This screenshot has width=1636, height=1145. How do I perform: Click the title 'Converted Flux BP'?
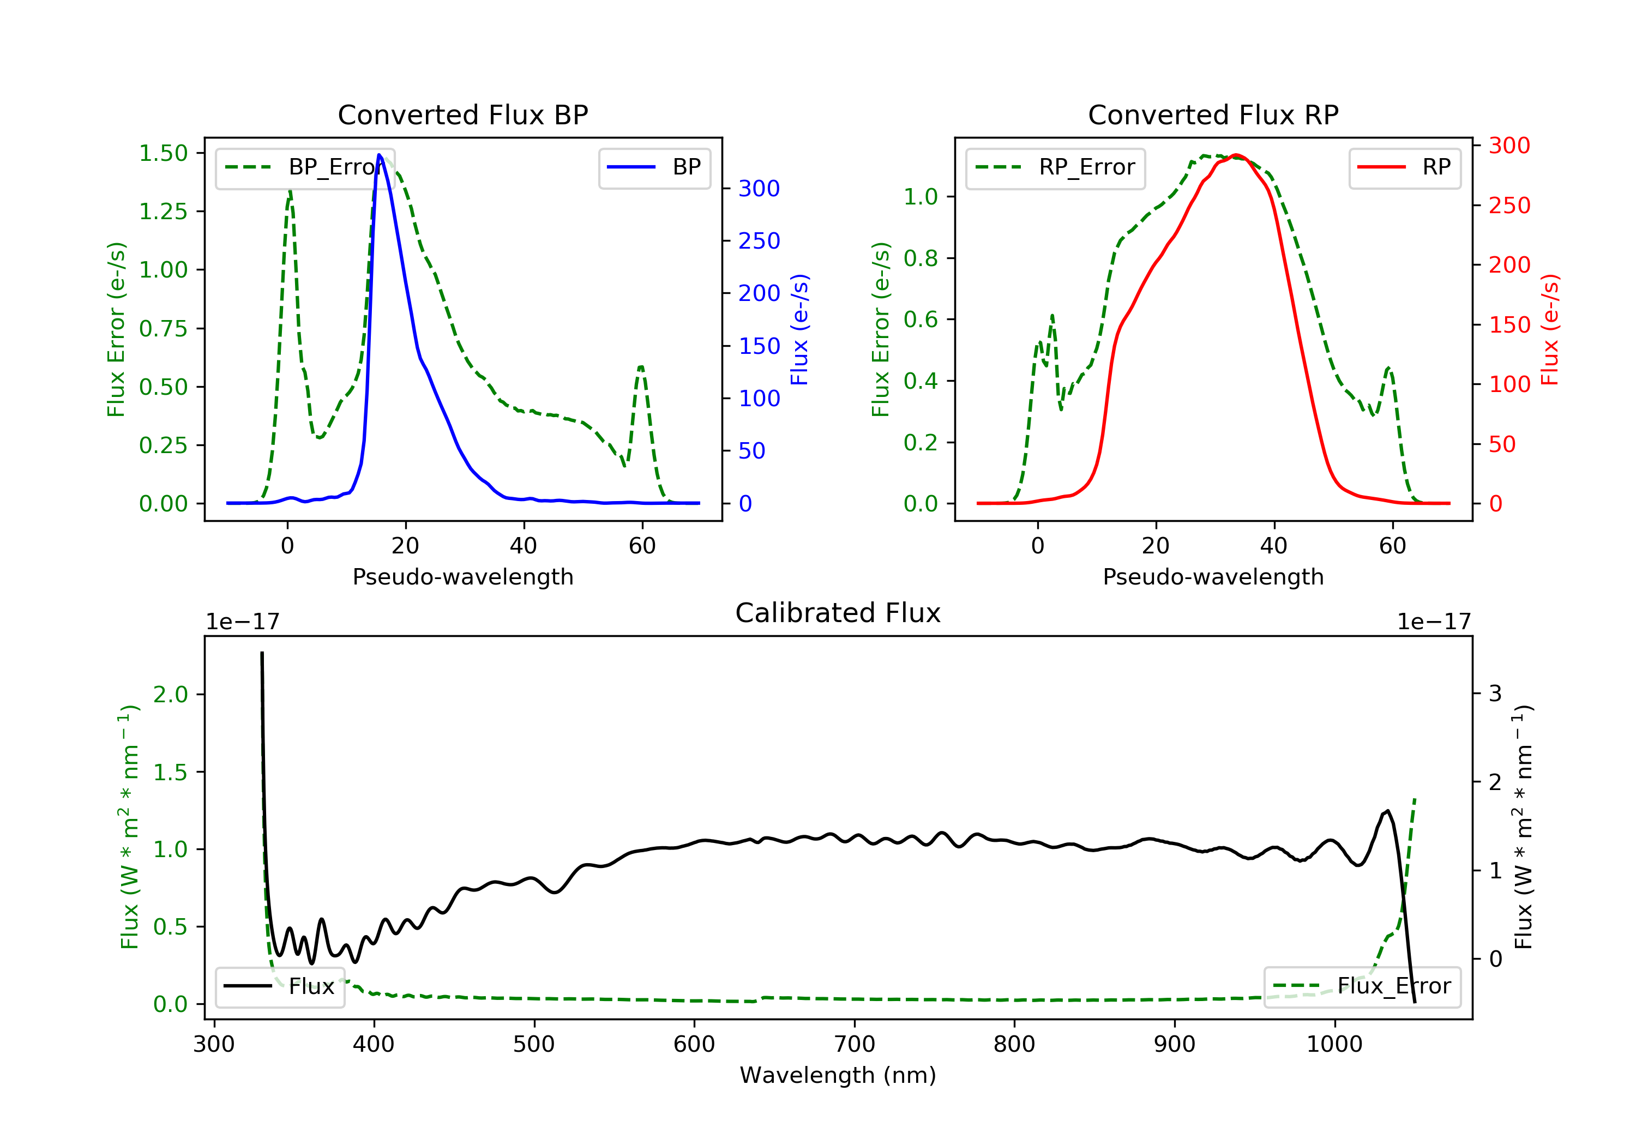tap(462, 114)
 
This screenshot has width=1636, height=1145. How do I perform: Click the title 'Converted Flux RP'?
tap(1213, 114)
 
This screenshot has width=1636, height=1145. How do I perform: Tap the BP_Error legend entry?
tap(305, 167)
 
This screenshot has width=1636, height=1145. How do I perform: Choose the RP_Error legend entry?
tap(1055, 167)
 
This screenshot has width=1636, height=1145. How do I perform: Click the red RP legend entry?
tap(1404, 167)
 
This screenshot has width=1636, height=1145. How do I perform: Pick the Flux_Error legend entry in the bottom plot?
tap(1362, 986)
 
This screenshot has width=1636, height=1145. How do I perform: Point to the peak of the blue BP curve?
tap(379, 155)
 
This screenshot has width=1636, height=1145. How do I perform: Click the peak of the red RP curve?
tap(1236, 155)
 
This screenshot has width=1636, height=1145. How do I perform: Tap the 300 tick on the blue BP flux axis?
tap(759, 188)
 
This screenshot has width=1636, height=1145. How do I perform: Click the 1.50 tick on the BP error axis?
tap(163, 153)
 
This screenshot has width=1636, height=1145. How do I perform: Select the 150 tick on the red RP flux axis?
tap(1509, 325)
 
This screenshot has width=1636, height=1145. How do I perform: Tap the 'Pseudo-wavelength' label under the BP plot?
tap(462, 576)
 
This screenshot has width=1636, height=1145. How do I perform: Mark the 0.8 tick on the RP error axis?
tap(920, 258)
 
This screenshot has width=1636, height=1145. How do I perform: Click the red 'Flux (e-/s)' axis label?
tap(1550, 329)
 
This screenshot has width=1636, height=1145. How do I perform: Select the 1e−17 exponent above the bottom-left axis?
tap(242, 622)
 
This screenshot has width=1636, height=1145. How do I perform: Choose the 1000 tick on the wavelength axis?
tap(1334, 1045)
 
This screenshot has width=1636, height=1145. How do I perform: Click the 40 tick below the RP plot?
tap(1273, 546)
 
